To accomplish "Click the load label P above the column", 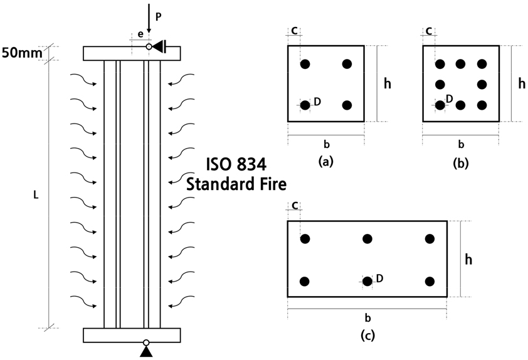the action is point(158,17).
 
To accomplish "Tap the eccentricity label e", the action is point(140,34).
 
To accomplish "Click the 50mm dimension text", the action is point(22,53).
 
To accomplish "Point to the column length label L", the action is point(36,194).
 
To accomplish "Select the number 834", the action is point(252,165).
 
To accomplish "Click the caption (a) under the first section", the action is point(325,162).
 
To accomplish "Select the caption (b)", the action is point(461,163).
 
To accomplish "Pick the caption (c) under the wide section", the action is point(367,336).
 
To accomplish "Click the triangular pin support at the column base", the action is point(146,351).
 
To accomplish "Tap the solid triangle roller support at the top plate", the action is point(158,46).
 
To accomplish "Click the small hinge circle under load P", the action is point(149,46).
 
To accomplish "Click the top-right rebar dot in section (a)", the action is point(347,63).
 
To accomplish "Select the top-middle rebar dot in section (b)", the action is point(460,63).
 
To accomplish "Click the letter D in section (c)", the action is point(379,278).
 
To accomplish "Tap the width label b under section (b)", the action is point(461,144).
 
